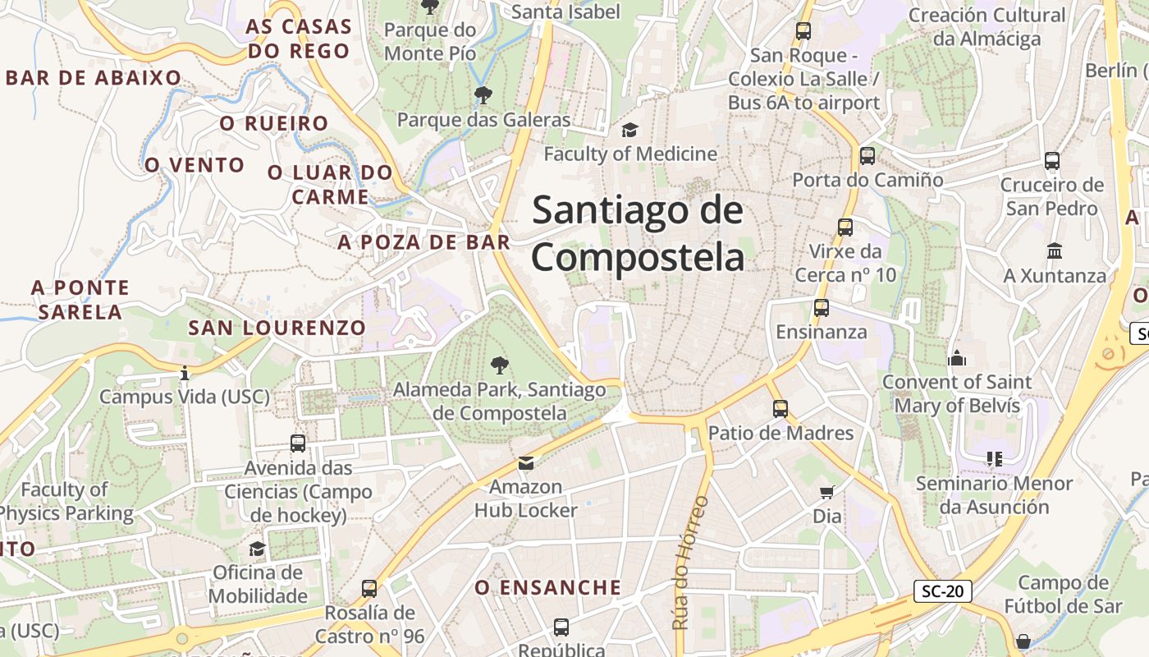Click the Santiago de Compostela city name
[638, 234]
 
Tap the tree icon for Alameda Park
[498, 365]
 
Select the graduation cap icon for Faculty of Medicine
[629, 131]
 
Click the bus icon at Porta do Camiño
[867, 156]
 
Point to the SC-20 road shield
[942, 590]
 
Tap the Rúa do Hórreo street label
[680, 563]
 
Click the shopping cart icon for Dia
[826, 493]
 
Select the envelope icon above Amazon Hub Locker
[526, 464]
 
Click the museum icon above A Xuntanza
[1055, 250]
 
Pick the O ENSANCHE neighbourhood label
[548, 587]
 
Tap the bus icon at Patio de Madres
[780, 409]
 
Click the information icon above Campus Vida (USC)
[184, 374]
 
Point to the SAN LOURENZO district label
[277, 328]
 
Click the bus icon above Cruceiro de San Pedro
[1052, 161]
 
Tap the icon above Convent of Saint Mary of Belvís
[956, 358]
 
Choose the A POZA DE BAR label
[423, 242]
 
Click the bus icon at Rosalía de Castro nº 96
[369, 589]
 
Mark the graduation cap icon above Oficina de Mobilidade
[257, 549]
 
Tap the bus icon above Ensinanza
[822, 309]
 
